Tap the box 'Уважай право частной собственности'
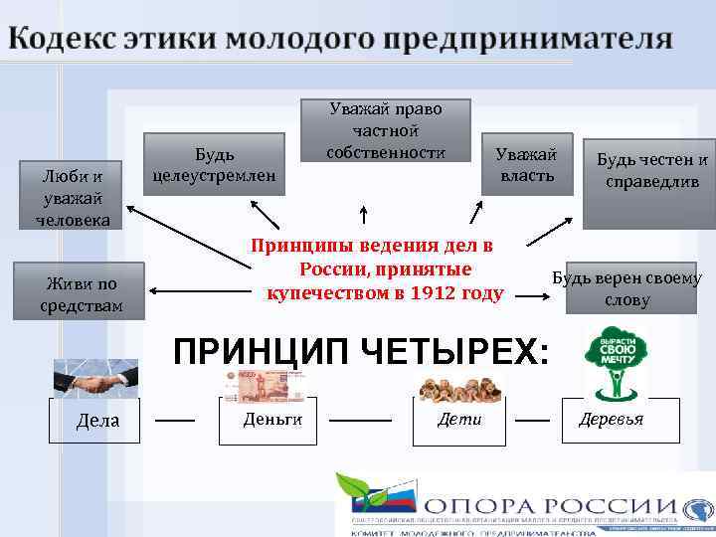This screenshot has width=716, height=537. pyautogui.click(x=386, y=130)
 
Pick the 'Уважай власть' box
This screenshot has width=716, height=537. pyautogui.click(x=527, y=164)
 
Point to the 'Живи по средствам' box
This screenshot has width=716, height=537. pyautogui.click(x=81, y=293)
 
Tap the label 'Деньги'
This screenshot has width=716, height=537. pyautogui.click(x=272, y=420)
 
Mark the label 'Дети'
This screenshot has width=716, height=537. pyautogui.click(x=459, y=420)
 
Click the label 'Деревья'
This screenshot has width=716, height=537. pyautogui.click(x=612, y=420)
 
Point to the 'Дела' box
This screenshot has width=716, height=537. pyautogui.click(x=97, y=420)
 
